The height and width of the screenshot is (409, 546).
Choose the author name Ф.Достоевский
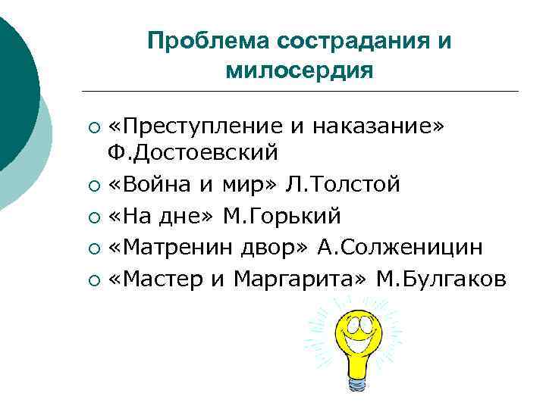(x=193, y=153)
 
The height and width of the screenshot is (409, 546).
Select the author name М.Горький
(x=281, y=217)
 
